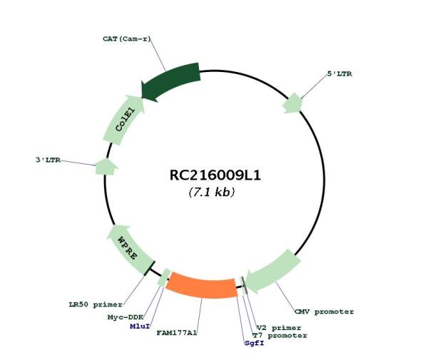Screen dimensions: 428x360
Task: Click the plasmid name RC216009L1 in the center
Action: (215, 175)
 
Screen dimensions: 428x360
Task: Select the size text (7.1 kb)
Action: (212, 192)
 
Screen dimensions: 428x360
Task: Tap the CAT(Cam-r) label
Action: (127, 38)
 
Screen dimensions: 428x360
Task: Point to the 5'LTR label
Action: (340, 73)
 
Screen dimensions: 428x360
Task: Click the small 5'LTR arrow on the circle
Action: (292, 103)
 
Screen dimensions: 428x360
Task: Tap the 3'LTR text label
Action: (48, 160)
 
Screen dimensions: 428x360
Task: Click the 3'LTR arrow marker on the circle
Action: (106, 167)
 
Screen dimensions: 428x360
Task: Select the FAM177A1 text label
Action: (177, 333)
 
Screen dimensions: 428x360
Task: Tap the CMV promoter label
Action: (324, 312)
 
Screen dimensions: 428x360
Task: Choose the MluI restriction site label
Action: (140, 326)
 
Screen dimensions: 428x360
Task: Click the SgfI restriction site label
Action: (255, 343)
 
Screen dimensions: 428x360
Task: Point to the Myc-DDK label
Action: (126, 317)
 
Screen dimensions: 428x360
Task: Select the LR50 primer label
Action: (96, 304)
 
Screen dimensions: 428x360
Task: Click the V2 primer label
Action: (279, 328)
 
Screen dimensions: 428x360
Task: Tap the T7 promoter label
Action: (280, 336)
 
